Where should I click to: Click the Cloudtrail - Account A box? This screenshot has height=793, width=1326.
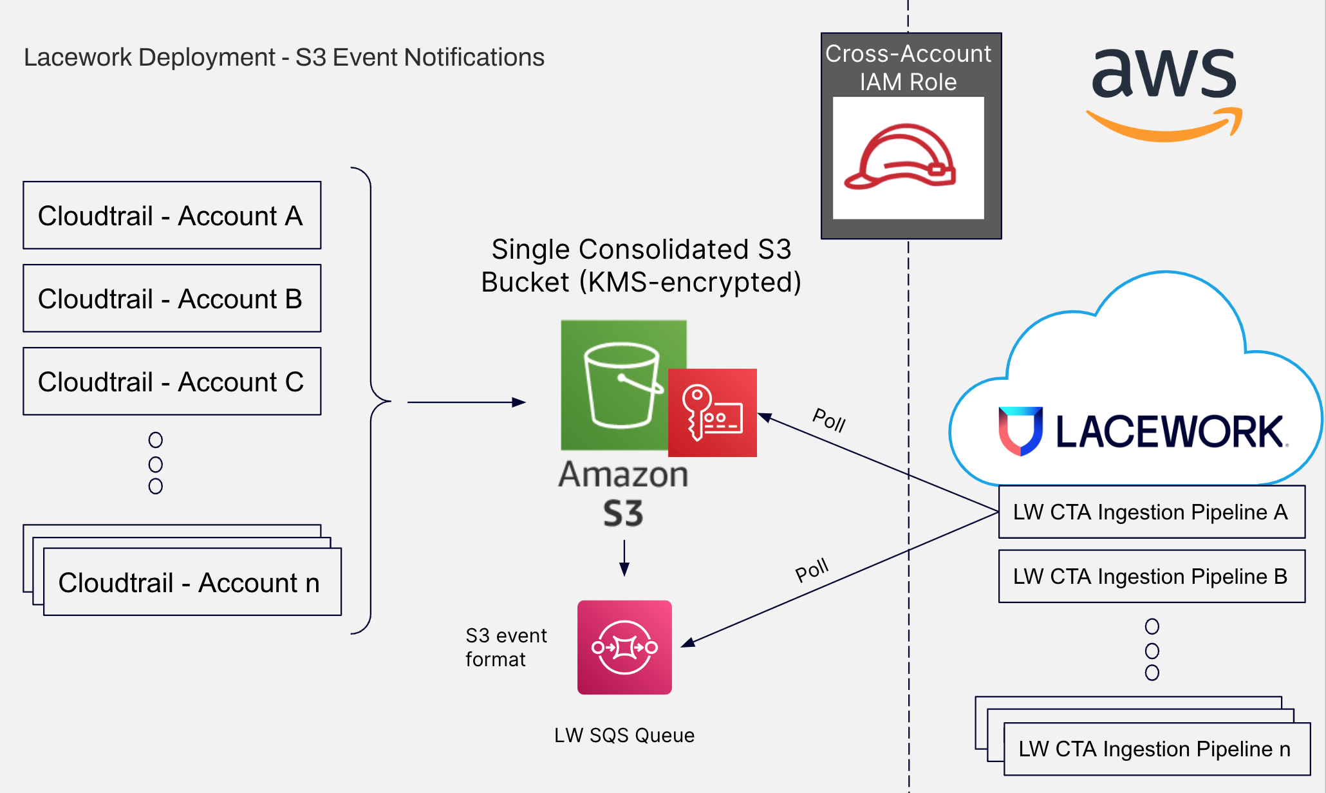(x=172, y=216)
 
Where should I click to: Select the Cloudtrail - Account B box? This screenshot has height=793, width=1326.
(x=172, y=299)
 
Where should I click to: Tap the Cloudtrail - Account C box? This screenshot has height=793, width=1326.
(x=172, y=382)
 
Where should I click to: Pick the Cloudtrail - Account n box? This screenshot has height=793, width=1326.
(x=192, y=583)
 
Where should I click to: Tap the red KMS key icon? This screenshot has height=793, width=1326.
(x=713, y=413)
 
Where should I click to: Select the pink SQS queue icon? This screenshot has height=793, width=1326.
(x=624, y=647)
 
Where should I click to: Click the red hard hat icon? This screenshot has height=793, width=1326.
(x=901, y=158)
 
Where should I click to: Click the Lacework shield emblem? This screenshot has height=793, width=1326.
(x=1020, y=430)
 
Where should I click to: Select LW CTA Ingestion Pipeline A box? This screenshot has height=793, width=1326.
(x=1151, y=512)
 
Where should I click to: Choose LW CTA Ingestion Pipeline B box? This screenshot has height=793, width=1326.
(x=1151, y=576)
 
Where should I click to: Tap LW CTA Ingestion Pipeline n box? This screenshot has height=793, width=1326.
(x=1156, y=749)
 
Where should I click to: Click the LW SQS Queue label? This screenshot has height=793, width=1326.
(x=624, y=735)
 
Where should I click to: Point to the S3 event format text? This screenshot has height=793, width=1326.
(x=505, y=647)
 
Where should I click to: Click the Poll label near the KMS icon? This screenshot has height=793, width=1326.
(x=829, y=420)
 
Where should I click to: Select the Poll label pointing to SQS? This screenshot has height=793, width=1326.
(x=812, y=570)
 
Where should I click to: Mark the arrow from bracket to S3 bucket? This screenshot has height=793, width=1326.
(x=467, y=402)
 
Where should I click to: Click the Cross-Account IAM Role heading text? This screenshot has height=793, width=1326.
(x=908, y=68)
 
